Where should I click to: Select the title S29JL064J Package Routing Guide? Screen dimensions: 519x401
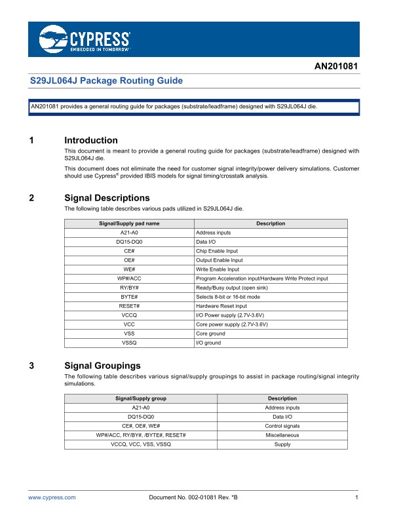(x=107, y=81)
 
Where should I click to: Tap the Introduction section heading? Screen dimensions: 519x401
(x=91, y=140)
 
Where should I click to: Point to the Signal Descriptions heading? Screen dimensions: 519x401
(x=107, y=198)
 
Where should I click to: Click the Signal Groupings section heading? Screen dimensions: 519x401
(x=103, y=366)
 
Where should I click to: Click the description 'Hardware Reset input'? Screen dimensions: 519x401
(x=222, y=306)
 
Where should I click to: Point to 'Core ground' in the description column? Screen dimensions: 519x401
(x=211, y=334)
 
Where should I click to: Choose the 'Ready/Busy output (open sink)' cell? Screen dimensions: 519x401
(x=233, y=288)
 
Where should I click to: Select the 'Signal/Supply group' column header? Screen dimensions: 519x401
(x=141, y=398)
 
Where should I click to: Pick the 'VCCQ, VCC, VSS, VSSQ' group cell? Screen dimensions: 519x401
(x=141, y=444)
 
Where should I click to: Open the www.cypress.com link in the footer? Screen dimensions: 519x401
(x=52, y=498)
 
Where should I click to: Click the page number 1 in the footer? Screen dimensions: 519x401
(x=356, y=498)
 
